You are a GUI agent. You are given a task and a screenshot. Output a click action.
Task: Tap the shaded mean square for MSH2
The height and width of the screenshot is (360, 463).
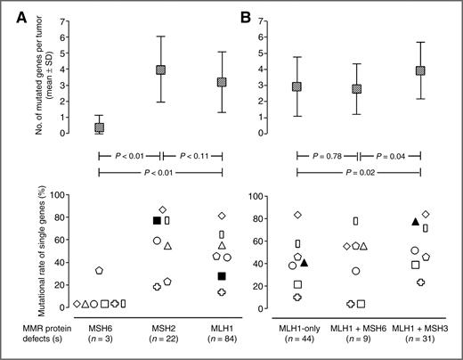(161, 70)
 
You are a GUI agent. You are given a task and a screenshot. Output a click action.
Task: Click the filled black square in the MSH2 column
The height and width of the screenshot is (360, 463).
(157, 220)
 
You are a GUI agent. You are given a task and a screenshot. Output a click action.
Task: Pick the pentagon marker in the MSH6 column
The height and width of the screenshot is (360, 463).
(100, 270)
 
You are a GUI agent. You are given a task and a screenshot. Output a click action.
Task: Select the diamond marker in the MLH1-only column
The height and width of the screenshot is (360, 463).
(298, 215)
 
